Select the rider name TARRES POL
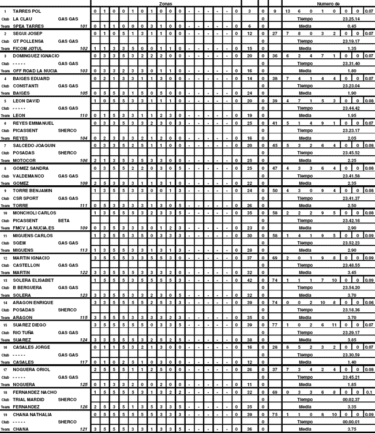coord(26,12)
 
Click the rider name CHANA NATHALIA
coord(32,414)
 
